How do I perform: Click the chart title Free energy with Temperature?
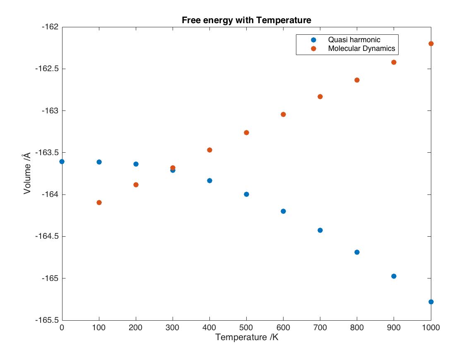[246, 20]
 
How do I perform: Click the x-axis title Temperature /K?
[246, 337]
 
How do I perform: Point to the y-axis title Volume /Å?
[27, 173]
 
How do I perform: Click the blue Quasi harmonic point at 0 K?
[62, 161]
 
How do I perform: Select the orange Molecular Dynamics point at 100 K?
[99, 202]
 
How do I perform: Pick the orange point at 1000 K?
[431, 43]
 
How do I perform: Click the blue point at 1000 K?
[431, 302]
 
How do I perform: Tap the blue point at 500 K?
[246, 194]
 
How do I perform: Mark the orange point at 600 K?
[283, 114]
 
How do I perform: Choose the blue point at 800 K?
[357, 252]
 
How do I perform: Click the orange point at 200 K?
[136, 185]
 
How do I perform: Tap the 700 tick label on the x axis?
[320, 328]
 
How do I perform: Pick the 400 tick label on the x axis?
[209, 328]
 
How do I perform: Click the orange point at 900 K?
[394, 62]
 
